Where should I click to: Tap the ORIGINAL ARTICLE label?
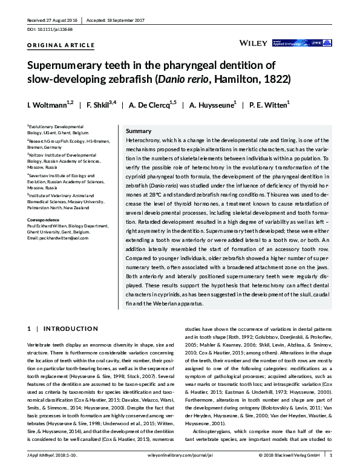(61, 45)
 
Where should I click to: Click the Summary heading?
(137, 131)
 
